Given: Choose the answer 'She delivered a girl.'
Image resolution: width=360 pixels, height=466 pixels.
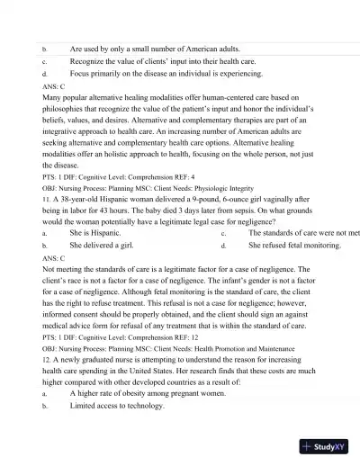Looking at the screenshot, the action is [x=102, y=245].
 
